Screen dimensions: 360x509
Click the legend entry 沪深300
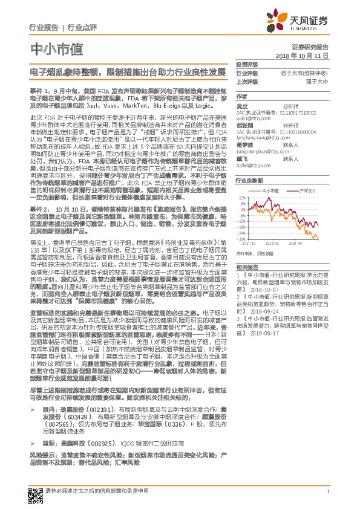(x=306, y=190)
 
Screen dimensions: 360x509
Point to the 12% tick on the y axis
(x=242, y=197)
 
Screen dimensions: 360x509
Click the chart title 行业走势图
(x=248, y=181)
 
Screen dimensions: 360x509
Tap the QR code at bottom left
(x=33, y=491)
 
